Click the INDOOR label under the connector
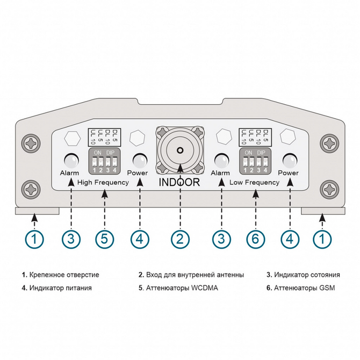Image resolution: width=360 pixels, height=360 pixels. [179, 182]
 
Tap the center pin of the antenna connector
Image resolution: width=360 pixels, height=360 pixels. [180, 151]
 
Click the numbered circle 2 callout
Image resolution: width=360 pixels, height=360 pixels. [180, 239]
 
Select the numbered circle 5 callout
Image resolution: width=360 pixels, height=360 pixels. [104, 239]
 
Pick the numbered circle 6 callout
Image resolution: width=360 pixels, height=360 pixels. [256, 239]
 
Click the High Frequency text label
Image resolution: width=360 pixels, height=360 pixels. [103, 182]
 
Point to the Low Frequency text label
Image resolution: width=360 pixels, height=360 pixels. [255, 182]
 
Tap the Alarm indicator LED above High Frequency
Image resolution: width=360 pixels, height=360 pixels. [70, 160]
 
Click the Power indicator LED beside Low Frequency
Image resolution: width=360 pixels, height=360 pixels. [290, 160]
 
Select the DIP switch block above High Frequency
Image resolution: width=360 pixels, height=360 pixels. [104, 161]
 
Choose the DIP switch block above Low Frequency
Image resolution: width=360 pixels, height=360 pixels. [255, 161]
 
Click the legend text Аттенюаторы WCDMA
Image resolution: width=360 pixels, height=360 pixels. [180, 288]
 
